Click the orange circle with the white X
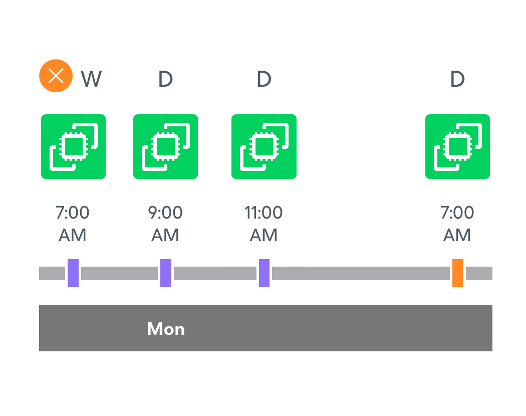click(x=56, y=76)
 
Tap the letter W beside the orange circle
click(x=91, y=79)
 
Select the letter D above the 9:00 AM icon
click(x=165, y=79)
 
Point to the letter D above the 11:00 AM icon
click(x=264, y=79)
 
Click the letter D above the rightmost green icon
click(x=457, y=79)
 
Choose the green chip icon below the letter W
click(x=74, y=146)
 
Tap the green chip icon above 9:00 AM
click(x=165, y=146)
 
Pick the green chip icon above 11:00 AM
click(x=264, y=146)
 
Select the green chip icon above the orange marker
click(x=457, y=146)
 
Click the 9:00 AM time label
click(x=165, y=224)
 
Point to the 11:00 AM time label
click(x=264, y=224)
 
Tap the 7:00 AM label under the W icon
click(x=73, y=224)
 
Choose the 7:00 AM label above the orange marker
click(x=457, y=224)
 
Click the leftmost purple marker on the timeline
click(x=73, y=273)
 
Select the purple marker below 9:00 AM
click(x=166, y=273)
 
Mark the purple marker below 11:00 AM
click(x=265, y=273)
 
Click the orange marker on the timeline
click(x=458, y=273)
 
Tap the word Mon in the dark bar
click(x=166, y=329)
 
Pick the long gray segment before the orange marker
click(x=361, y=273)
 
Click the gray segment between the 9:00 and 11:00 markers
click(x=215, y=273)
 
